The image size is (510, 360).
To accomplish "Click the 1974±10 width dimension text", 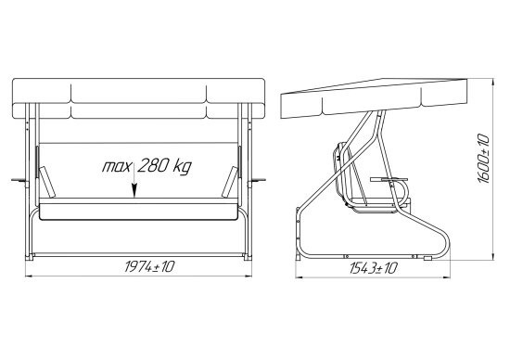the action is [149, 266].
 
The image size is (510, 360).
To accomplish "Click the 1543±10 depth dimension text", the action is [374, 268].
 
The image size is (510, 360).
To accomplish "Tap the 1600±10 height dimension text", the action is [484, 159].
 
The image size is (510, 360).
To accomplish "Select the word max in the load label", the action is [117, 167].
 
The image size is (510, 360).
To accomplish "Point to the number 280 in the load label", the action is [153, 165].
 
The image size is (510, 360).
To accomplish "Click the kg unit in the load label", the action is [182, 166].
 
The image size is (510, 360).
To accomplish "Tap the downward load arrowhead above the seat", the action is [134, 191].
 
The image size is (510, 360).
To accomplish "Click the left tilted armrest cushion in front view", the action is [47, 182].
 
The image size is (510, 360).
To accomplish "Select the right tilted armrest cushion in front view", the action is [230, 182].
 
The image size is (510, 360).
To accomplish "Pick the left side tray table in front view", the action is [19, 180].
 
